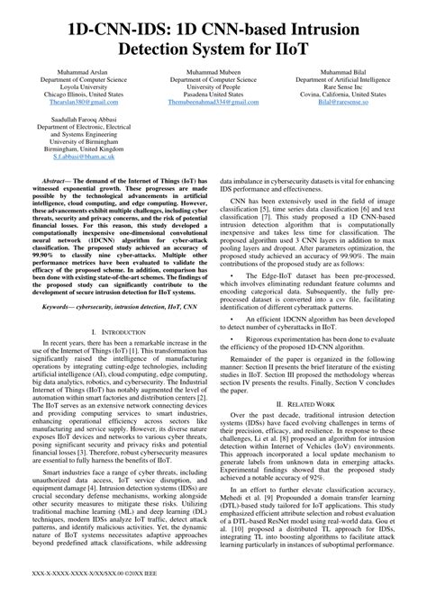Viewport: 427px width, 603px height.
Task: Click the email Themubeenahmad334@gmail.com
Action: pos(212,102)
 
